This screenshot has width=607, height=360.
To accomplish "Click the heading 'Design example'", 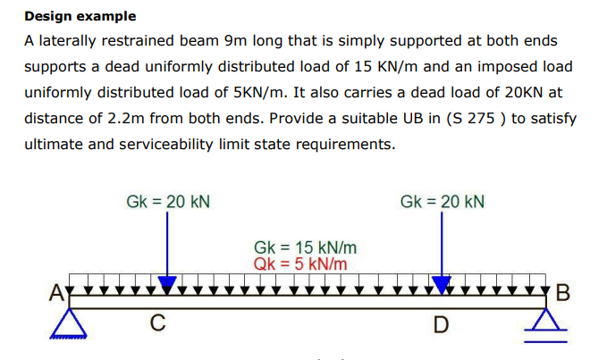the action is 80,16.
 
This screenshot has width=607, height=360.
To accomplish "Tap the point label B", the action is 562,291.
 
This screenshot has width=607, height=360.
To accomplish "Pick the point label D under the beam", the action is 441,324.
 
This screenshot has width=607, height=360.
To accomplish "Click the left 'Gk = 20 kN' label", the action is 168,202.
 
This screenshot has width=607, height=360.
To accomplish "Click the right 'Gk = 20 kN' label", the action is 443,202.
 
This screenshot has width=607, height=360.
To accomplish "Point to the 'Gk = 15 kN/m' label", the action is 306,247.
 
